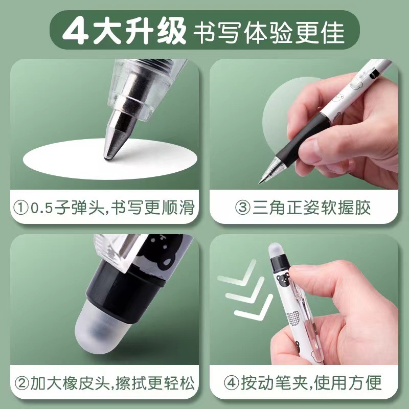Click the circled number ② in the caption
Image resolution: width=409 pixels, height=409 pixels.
22,383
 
